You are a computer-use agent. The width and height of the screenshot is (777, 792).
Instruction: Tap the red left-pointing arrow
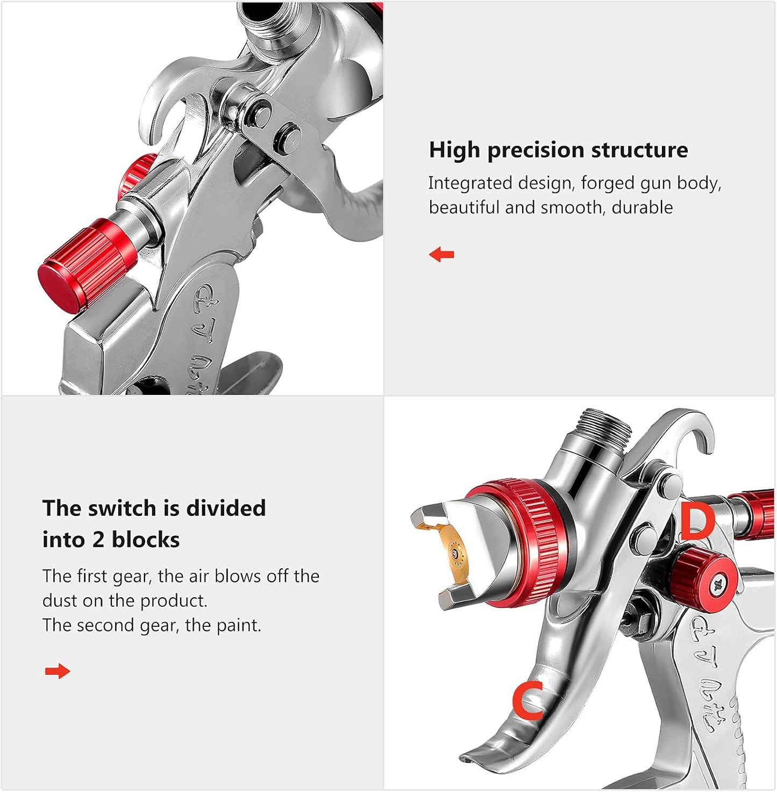pyautogui.click(x=441, y=254)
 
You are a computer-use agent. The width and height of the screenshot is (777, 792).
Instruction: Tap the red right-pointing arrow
pyautogui.click(x=58, y=671)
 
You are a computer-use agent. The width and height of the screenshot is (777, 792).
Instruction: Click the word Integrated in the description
pyautogui.click(x=470, y=183)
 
